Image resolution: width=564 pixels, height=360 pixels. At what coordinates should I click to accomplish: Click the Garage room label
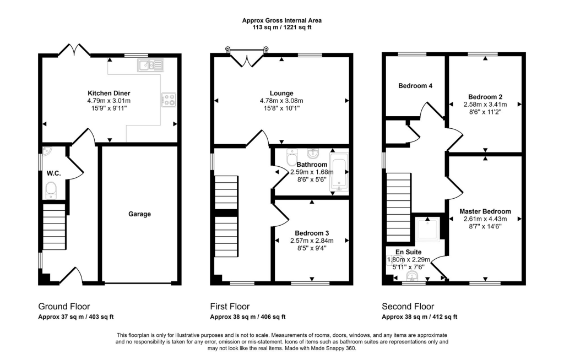[139, 214]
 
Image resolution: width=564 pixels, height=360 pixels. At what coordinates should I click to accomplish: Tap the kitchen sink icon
[150, 65]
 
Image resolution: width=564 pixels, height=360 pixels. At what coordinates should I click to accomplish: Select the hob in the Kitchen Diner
[169, 100]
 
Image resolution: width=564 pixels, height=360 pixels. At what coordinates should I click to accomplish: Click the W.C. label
[53, 173]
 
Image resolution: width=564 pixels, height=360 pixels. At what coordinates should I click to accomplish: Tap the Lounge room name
[281, 93]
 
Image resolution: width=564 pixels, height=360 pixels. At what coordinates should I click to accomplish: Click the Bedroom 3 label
[312, 233]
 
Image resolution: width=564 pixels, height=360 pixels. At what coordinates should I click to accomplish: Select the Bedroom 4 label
[415, 85]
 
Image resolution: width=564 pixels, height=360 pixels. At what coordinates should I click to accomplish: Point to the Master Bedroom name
[485, 211]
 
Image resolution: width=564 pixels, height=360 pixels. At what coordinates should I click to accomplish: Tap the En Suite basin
[412, 276]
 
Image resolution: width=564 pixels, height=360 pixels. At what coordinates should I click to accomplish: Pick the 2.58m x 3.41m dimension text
[485, 104]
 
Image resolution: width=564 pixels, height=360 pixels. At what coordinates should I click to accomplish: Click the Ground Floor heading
[64, 307]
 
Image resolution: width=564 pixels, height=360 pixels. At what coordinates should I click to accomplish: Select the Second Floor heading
[408, 307]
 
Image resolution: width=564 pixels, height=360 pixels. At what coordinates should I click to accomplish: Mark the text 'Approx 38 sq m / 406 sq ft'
[248, 317]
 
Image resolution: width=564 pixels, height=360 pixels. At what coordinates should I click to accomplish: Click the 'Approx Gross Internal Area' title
[281, 20]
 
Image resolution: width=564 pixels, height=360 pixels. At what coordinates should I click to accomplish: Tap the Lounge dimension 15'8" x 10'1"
[281, 108]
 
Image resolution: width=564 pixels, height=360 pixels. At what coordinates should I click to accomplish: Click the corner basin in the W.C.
[46, 151]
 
